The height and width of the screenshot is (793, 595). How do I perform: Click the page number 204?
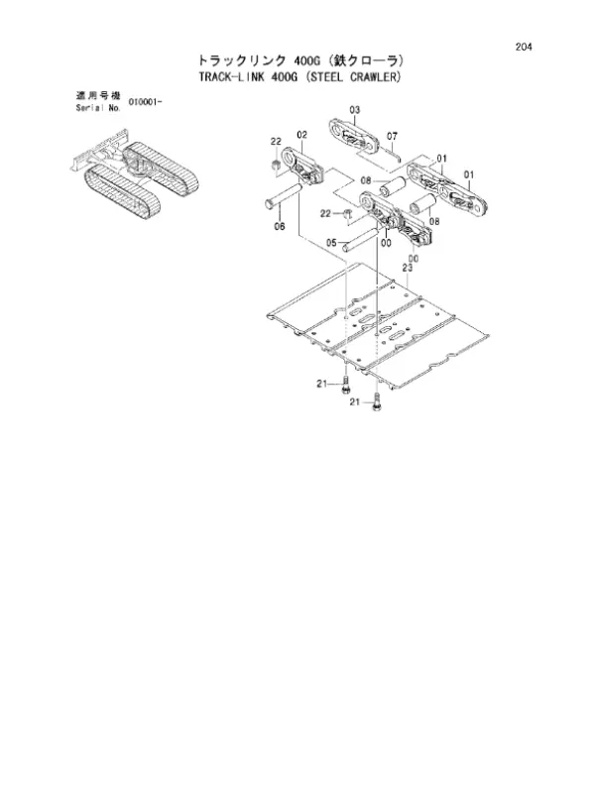click(524, 47)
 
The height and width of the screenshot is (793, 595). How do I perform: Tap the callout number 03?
click(355, 110)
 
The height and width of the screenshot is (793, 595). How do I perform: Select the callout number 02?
click(301, 135)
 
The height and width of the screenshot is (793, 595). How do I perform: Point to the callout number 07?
click(392, 136)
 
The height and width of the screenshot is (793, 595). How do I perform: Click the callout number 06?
click(280, 226)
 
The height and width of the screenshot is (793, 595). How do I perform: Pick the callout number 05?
click(331, 243)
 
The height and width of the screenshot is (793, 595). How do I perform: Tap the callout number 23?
click(408, 268)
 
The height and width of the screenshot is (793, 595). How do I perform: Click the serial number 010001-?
click(145, 102)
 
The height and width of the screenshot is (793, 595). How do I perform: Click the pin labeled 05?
click(361, 239)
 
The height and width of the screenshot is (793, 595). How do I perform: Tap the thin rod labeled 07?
click(393, 151)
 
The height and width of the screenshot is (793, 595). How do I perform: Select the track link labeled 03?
click(354, 136)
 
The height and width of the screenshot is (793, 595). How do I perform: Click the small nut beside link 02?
click(277, 164)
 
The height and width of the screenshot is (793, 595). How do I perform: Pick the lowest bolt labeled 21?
click(376, 403)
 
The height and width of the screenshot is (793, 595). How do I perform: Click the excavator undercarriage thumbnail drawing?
click(133, 174)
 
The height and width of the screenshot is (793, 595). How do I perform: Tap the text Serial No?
click(98, 108)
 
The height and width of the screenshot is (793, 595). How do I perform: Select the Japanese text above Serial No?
click(98, 95)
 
